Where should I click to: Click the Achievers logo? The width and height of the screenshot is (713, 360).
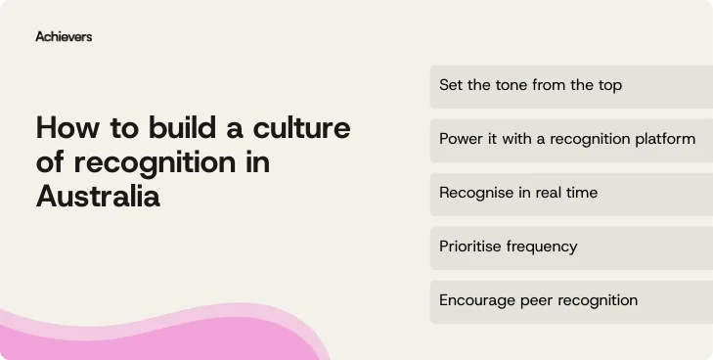tap(64, 36)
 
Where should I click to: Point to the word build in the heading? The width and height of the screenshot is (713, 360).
tap(166, 129)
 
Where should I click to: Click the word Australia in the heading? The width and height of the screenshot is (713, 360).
tap(98, 196)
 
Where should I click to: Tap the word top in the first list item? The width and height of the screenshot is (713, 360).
tap(608, 85)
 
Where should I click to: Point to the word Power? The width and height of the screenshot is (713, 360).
tap(461, 139)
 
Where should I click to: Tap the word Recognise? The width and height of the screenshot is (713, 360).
tap(476, 193)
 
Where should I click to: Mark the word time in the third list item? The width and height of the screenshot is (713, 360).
tap(579, 193)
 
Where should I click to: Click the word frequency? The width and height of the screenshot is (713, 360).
tap(541, 247)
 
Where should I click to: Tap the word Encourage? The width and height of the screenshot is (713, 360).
tap(476, 300)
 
